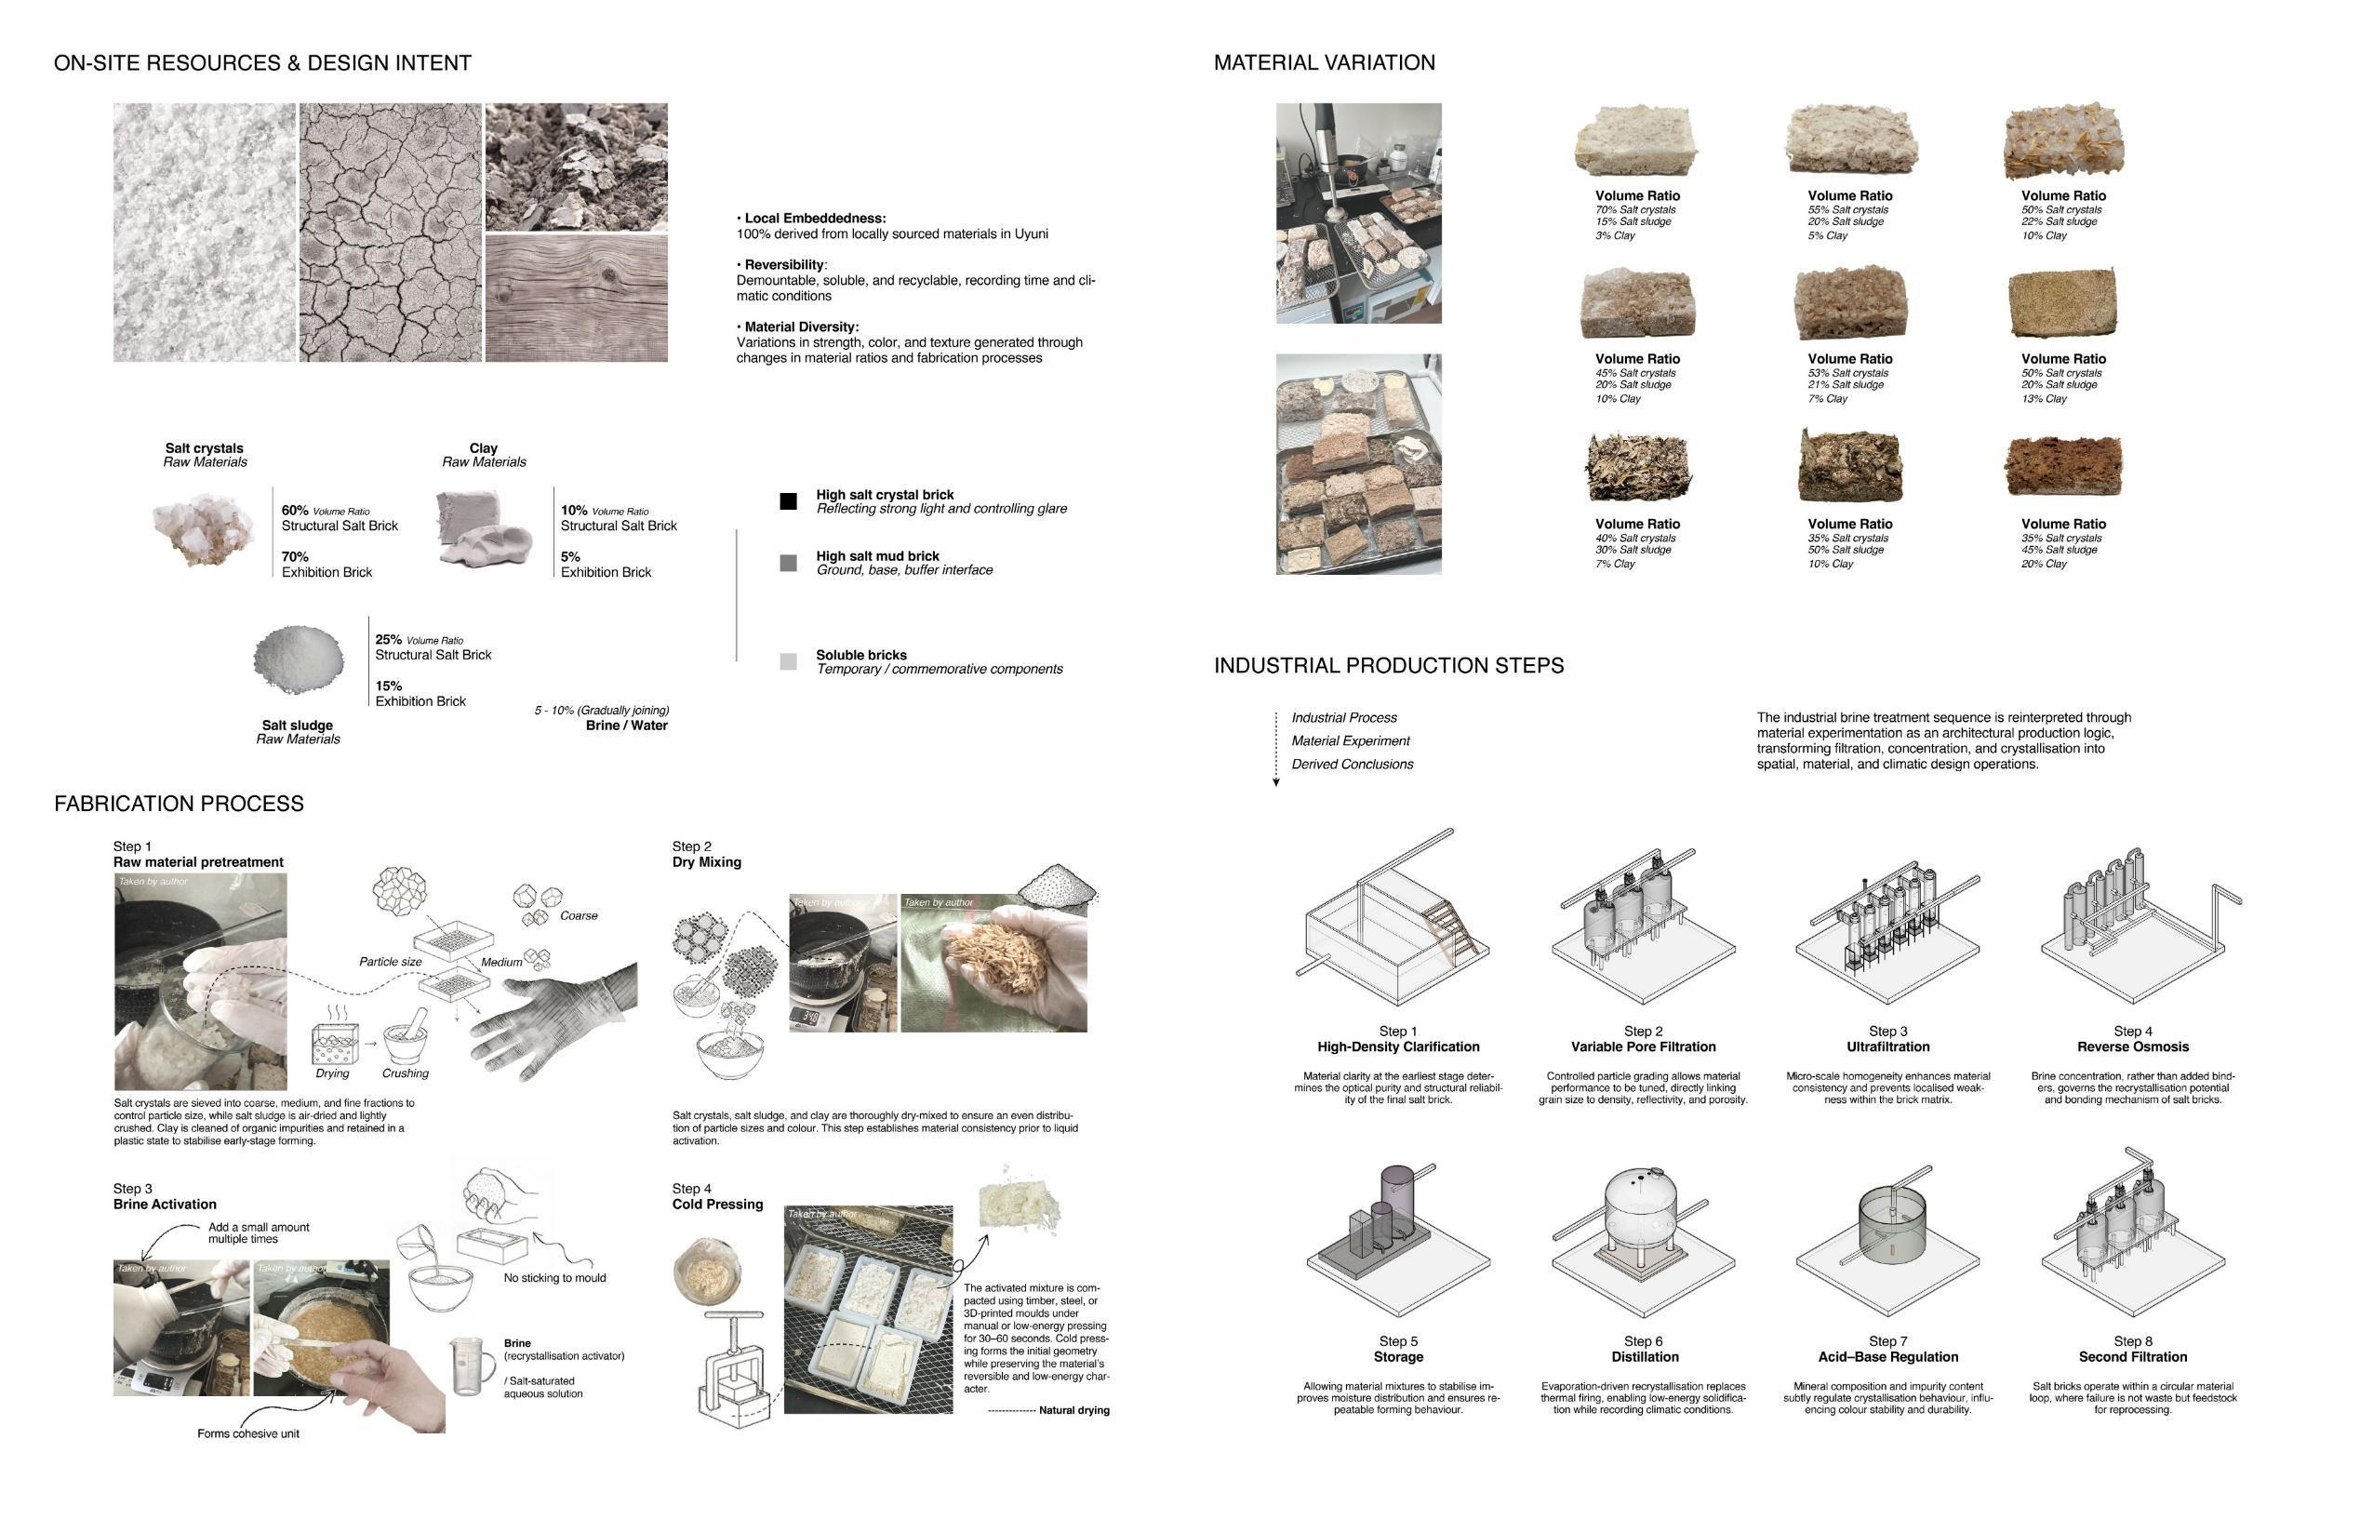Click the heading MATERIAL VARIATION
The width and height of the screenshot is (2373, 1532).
pyautogui.click(x=1324, y=62)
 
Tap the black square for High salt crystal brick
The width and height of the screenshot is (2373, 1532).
pyautogui.click(x=788, y=501)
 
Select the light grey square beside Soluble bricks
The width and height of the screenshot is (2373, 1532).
pyautogui.click(x=788, y=661)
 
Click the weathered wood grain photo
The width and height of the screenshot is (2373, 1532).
pyautogui.click(x=576, y=299)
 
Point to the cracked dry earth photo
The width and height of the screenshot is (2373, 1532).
pyautogui.click(x=390, y=232)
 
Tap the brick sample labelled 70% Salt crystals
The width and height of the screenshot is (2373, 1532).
pyautogui.click(x=1636, y=142)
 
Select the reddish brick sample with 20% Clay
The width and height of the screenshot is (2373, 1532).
pyautogui.click(x=2061, y=466)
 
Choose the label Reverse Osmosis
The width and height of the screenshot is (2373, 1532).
pyautogui.click(x=2132, y=1046)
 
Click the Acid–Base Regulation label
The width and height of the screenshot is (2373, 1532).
pyautogui.click(x=1887, y=1357)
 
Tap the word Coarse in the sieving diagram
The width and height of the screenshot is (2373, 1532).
pyautogui.click(x=579, y=915)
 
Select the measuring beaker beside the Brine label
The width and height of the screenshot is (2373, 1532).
pyautogui.click(x=471, y=1364)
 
